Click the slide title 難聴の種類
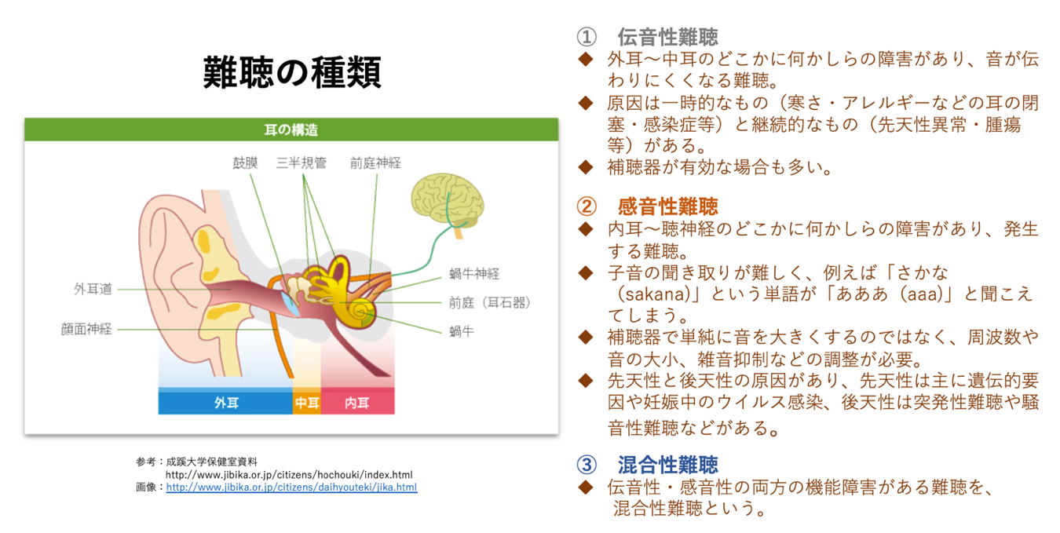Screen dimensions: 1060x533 tap(292, 73)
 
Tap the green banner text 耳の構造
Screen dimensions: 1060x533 tap(291, 130)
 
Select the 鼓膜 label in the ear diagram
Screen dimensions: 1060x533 tap(245, 163)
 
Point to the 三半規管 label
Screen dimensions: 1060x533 tap(302, 163)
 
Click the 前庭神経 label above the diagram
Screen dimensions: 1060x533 tap(375, 163)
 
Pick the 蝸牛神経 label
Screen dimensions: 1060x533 tap(474, 273)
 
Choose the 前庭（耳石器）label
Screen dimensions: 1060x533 tap(490, 303)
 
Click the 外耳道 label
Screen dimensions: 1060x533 tap(93, 289)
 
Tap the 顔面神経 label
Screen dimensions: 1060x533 tap(86, 329)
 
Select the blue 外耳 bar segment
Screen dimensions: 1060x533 tap(225, 402)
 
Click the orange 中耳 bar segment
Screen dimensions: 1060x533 tap(307, 402)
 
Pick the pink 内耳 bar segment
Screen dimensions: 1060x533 tap(358, 402)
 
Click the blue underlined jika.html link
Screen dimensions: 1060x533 tap(291, 487)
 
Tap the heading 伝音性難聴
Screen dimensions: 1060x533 tap(667, 37)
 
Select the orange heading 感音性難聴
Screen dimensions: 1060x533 tap(667, 206)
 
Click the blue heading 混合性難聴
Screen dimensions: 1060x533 tap(667, 465)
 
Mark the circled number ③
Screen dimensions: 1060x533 tap(587, 465)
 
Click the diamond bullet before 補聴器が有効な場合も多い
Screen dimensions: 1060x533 tap(586, 167)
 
